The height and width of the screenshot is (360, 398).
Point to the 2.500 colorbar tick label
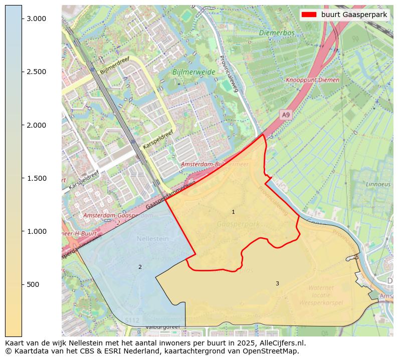point(37,72)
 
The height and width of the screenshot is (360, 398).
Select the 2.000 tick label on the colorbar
point(37,125)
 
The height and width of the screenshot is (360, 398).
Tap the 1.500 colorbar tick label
point(37,178)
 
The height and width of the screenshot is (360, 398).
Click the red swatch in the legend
point(309,15)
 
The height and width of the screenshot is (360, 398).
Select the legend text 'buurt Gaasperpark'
point(354,15)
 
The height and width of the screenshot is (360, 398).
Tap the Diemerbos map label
point(277,33)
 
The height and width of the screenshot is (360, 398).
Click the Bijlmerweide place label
point(193,72)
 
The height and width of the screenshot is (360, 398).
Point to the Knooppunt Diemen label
point(312,80)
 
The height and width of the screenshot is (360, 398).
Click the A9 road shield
point(286,115)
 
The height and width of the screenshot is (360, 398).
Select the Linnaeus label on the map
point(378,184)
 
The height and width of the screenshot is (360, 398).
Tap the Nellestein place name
point(152,239)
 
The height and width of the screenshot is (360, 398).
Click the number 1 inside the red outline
point(233,212)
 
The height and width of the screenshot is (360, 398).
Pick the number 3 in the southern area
point(277,283)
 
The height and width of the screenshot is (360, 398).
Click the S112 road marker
point(132,320)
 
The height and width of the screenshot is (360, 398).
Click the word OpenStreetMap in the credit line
point(273,351)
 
